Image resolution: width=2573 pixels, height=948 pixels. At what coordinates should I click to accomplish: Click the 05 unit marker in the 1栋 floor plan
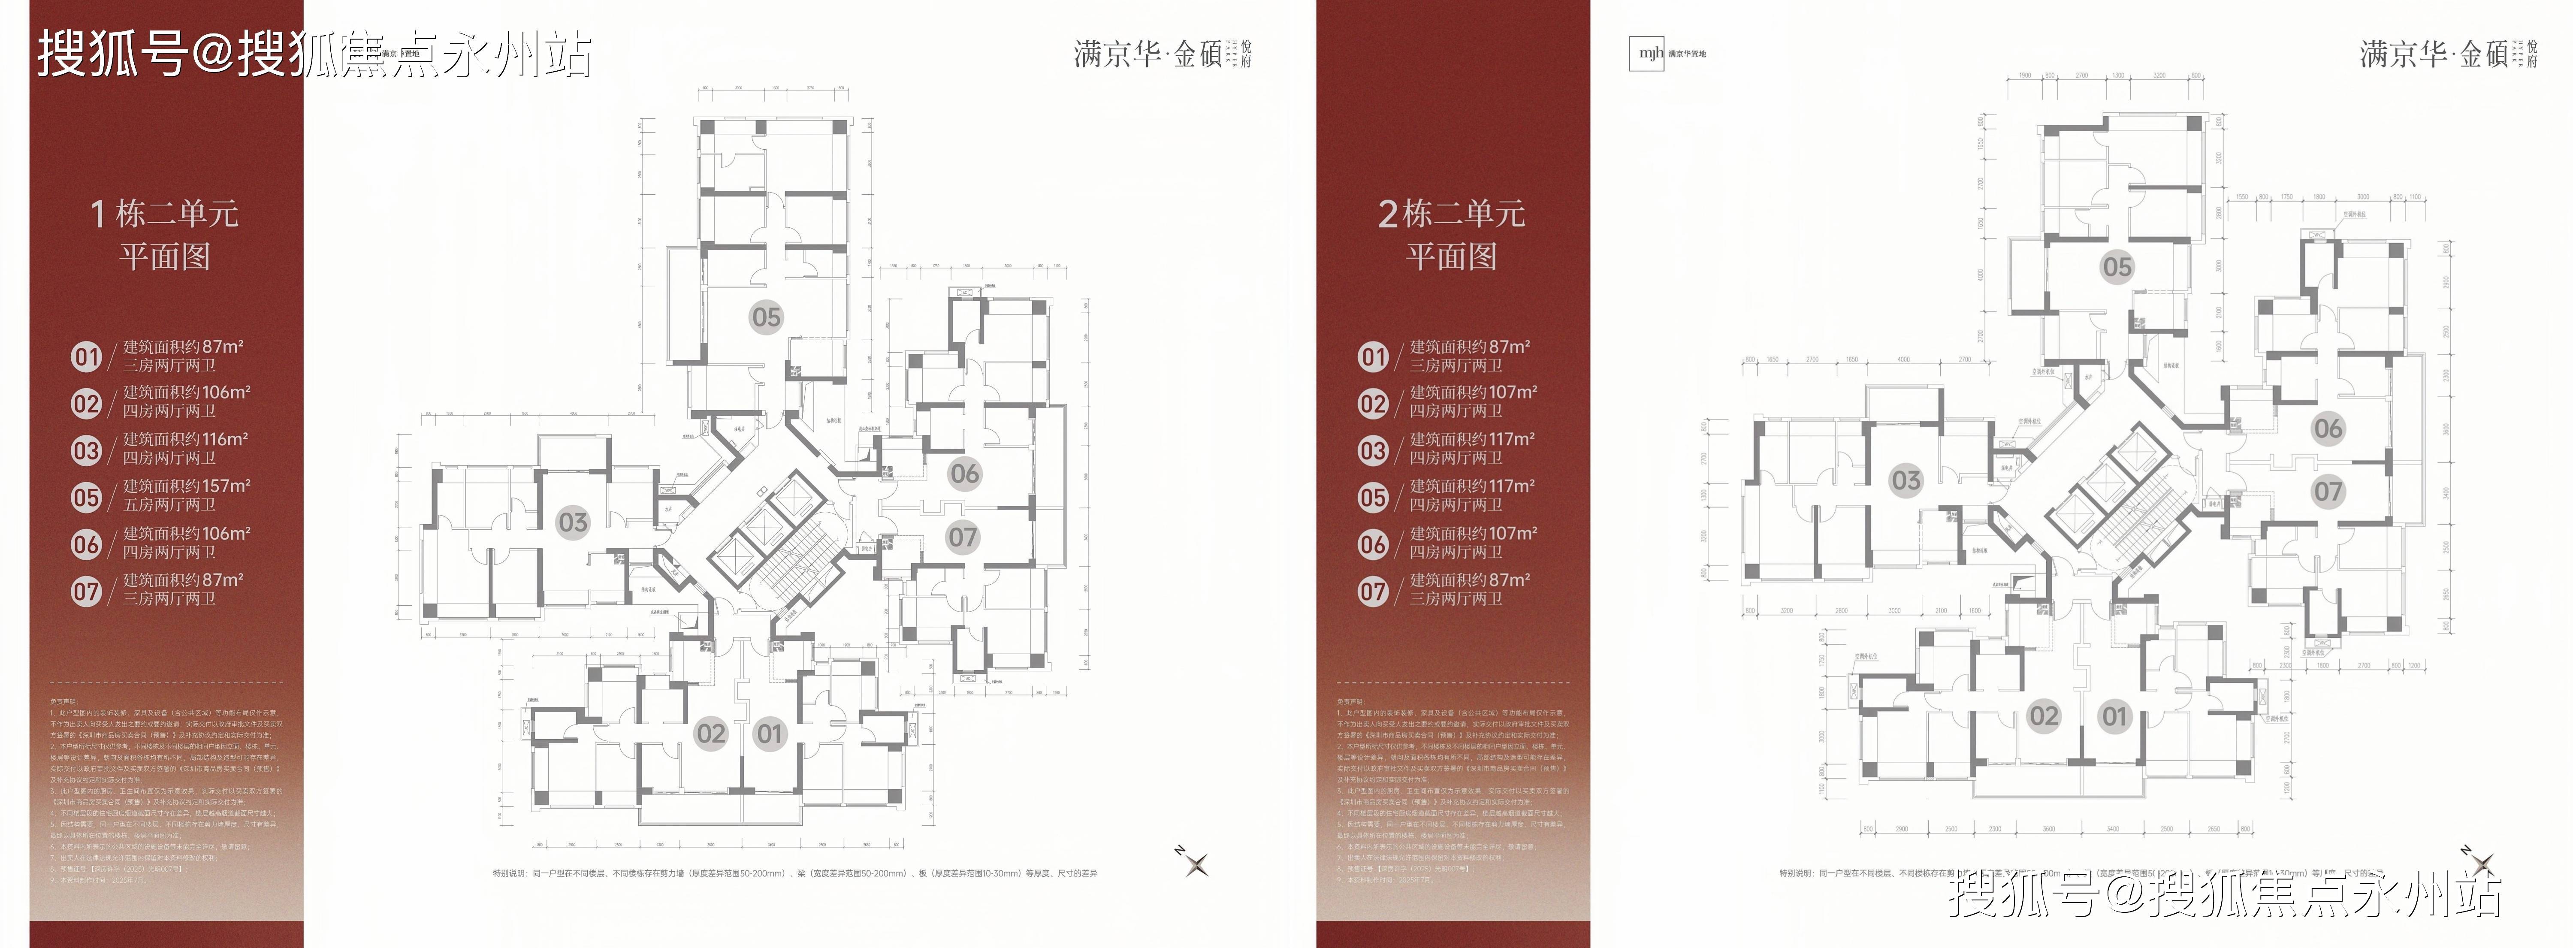[766, 318]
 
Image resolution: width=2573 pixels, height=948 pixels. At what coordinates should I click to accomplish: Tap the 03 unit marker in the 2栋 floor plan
[1906, 480]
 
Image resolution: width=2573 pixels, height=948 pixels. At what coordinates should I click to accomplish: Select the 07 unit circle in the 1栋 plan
[962, 537]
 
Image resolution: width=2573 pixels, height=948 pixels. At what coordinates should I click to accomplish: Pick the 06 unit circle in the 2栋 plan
[2327, 429]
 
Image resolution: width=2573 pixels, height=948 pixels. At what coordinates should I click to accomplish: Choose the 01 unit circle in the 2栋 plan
[2114, 716]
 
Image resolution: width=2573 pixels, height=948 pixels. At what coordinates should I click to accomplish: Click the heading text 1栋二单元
[165, 213]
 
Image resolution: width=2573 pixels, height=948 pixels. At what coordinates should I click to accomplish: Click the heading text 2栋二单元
[1451, 213]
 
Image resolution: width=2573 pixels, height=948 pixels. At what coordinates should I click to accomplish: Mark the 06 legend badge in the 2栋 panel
[1374, 544]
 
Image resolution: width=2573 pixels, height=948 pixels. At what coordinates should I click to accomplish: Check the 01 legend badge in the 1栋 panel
[87, 356]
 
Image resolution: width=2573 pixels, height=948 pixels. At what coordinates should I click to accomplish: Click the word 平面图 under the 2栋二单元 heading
[1451, 257]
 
